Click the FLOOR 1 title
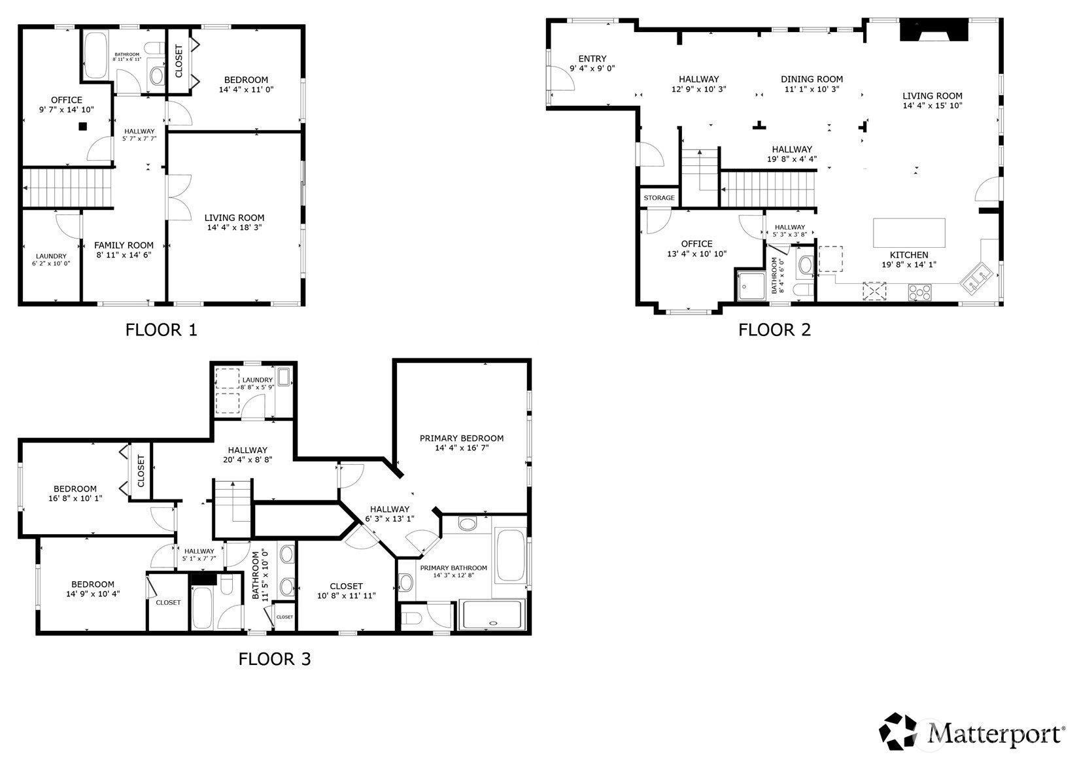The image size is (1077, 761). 161,330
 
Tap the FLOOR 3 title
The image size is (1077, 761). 275,658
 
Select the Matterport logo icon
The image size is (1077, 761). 897,732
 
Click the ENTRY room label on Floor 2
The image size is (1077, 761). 592,59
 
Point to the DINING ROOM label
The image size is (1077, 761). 812,79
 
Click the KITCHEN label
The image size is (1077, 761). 909,255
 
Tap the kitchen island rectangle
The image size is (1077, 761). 909,233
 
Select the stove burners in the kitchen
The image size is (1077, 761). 919,292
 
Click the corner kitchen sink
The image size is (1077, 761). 976,278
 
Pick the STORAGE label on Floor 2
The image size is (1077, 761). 659,197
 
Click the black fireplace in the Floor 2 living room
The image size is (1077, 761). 934,30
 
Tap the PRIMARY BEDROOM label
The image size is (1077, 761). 462,438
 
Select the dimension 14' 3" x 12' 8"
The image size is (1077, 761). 453,575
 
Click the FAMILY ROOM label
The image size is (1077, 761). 124,245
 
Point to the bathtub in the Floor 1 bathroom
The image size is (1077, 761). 95,55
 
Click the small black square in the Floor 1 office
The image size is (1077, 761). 82,126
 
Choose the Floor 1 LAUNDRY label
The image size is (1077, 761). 51,256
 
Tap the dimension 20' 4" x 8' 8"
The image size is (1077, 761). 247,460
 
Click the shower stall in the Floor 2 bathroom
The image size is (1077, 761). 751,286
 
